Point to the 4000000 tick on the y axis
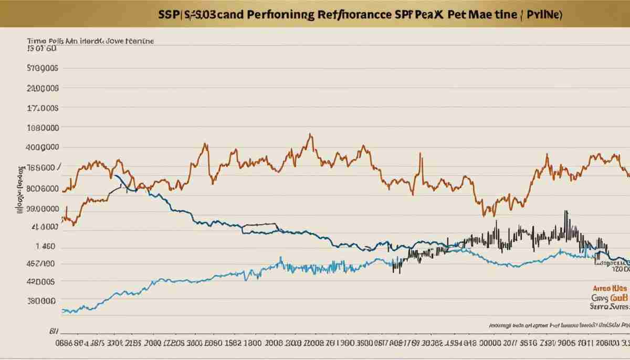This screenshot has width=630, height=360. [42, 147]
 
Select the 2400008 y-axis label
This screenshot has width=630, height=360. [42, 89]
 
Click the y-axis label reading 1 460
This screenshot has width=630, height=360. [45, 246]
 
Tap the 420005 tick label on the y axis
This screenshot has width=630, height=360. [41, 282]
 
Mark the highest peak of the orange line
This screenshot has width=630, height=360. [310, 134]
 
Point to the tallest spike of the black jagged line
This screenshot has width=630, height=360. [565, 211]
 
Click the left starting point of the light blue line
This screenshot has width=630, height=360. [62, 311]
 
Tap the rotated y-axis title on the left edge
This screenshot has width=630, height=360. [20, 190]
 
